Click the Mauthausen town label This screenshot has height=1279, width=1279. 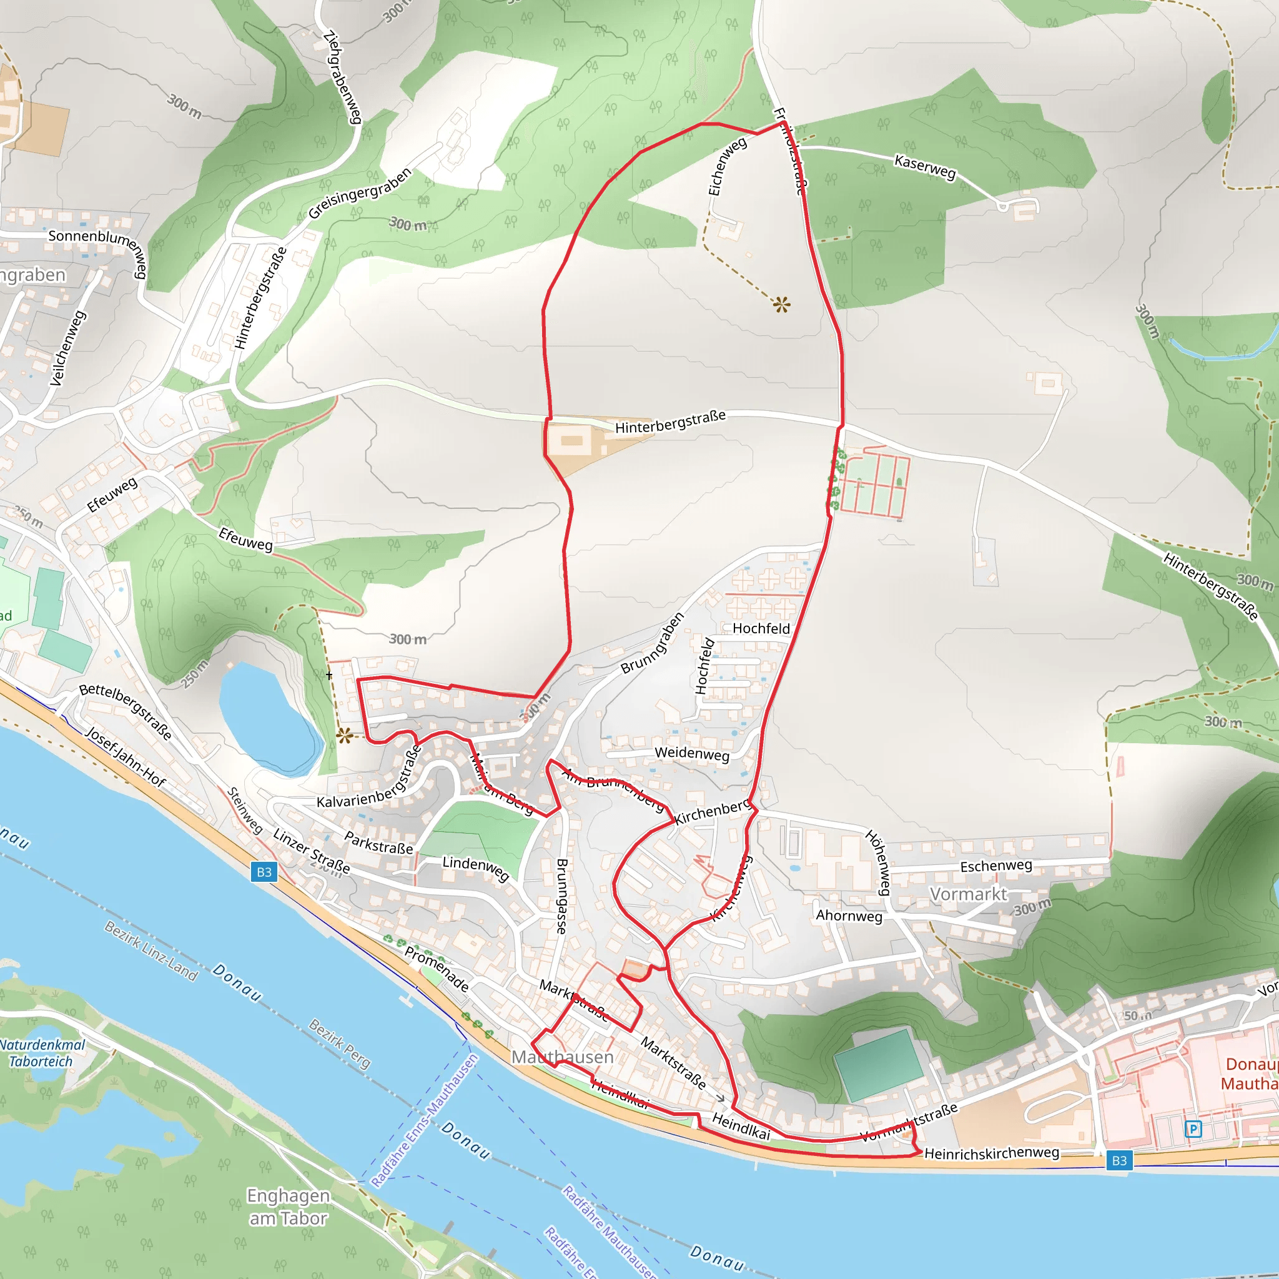click(x=562, y=1057)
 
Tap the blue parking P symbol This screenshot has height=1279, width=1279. click(x=1193, y=1128)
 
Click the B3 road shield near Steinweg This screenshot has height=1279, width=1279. click(x=264, y=872)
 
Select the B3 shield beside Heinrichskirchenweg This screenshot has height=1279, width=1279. click(x=1119, y=1160)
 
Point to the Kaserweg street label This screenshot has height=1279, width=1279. click(x=925, y=167)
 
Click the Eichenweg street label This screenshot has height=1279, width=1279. click(x=727, y=167)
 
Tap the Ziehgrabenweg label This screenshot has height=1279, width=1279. click(x=342, y=77)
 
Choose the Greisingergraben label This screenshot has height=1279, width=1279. click(x=360, y=194)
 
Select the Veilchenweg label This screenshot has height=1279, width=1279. click(x=68, y=348)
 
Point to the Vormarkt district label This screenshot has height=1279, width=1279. click(x=968, y=894)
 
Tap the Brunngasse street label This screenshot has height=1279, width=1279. click(x=562, y=896)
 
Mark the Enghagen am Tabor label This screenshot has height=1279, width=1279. click(x=288, y=1207)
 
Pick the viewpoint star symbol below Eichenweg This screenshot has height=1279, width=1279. click(x=781, y=305)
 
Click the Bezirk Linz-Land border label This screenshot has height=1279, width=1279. click(x=151, y=951)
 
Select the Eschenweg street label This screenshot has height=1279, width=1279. click(x=995, y=866)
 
